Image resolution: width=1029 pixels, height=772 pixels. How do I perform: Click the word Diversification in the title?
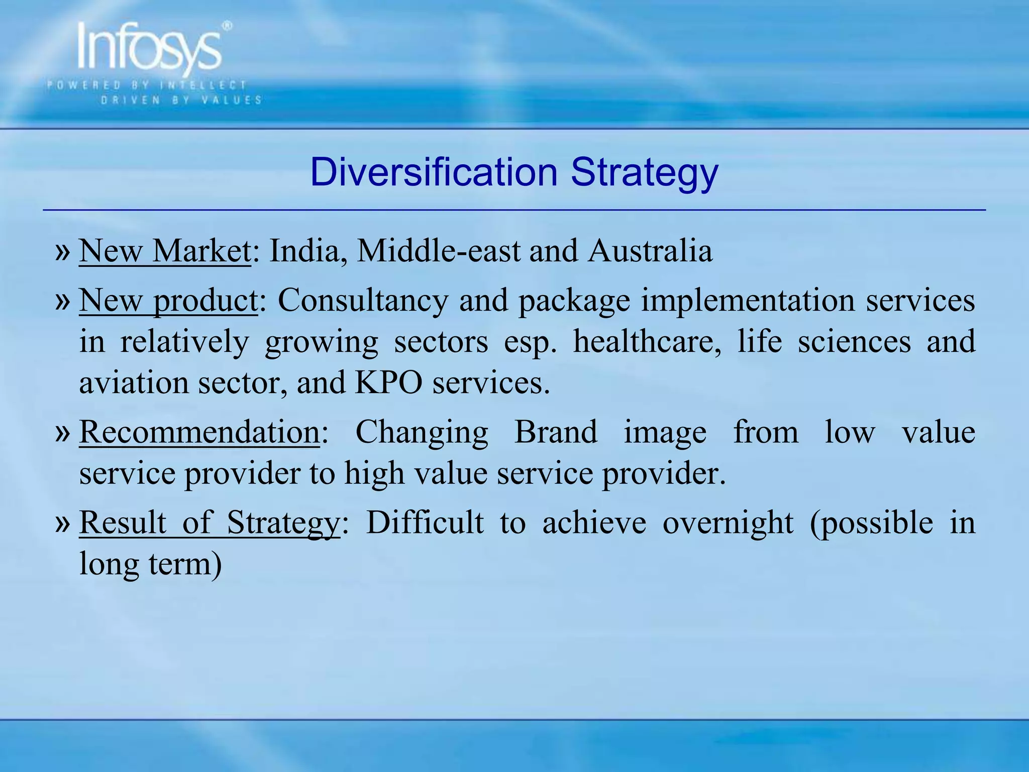click(x=434, y=172)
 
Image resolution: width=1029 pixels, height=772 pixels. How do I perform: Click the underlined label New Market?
click(x=165, y=250)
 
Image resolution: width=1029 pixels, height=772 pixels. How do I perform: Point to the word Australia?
click(x=650, y=250)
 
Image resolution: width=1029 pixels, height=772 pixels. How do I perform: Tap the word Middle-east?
click(x=438, y=250)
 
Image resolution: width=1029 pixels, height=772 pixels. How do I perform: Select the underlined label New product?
click(x=168, y=301)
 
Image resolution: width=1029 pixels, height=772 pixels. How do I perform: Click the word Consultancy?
click(x=363, y=301)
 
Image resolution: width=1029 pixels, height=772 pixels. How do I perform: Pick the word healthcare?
click(x=647, y=342)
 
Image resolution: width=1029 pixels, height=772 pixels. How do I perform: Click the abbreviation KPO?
click(x=388, y=383)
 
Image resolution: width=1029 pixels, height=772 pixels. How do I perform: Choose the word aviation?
click(x=134, y=383)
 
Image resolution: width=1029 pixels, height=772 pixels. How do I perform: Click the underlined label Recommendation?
click(x=199, y=432)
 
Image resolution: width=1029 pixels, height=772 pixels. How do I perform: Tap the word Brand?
click(x=556, y=432)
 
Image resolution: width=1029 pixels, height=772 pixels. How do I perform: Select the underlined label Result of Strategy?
click(x=210, y=523)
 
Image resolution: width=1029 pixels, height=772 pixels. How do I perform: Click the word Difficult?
click(x=425, y=523)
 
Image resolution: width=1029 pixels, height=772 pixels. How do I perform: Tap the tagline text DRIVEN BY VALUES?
click(x=181, y=100)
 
